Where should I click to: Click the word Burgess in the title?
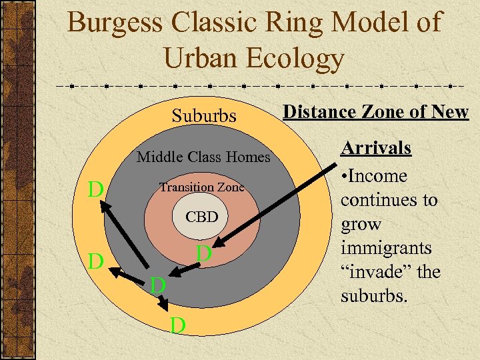coord(115,23)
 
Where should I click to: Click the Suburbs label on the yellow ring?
coord(204,116)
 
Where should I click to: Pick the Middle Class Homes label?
coord(203,157)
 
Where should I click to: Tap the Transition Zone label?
coord(201,188)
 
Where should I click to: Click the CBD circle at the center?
coord(201,217)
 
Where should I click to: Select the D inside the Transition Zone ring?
coord(204,254)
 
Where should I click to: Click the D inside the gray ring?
coord(157,285)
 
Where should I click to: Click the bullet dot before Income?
coord(344,177)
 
